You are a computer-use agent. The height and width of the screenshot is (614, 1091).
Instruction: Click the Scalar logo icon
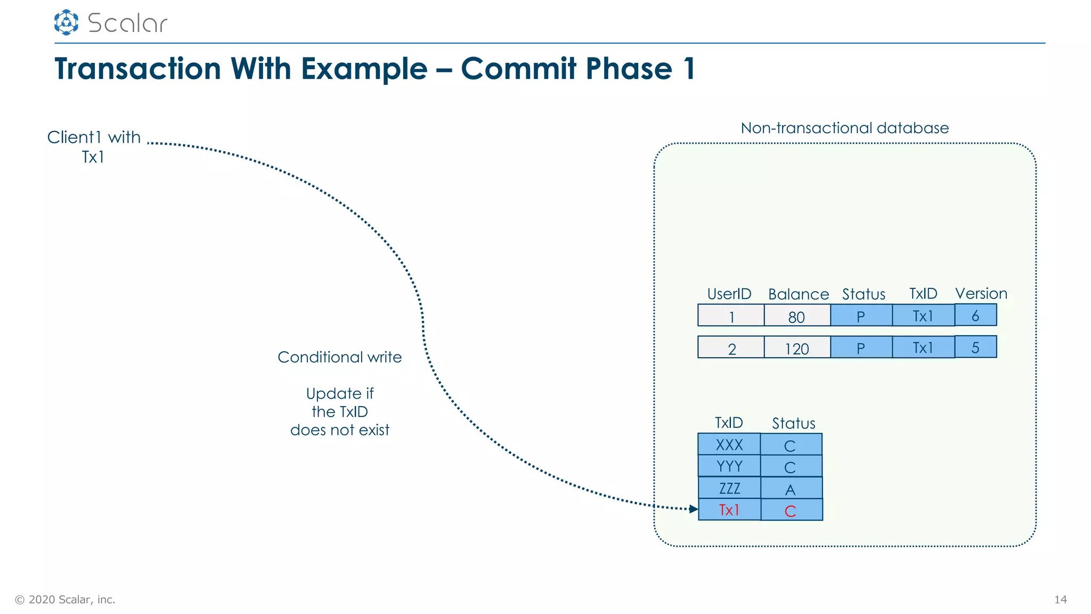(66, 22)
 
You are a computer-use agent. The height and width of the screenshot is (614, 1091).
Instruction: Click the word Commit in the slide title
(518, 69)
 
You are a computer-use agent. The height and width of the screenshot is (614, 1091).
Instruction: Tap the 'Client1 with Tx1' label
(94, 147)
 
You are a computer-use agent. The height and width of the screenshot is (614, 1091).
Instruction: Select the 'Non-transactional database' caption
(844, 128)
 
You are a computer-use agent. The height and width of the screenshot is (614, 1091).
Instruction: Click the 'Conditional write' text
(339, 357)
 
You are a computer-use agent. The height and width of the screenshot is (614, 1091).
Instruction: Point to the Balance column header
(798, 294)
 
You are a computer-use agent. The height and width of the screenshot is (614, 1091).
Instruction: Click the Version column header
(981, 294)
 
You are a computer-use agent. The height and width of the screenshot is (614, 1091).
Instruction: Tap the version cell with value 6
(975, 315)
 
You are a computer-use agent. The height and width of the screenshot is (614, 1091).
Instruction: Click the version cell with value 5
(975, 347)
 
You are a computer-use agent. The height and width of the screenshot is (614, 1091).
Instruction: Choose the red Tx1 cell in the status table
(729, 510)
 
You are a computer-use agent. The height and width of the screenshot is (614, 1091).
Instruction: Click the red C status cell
(791, 510)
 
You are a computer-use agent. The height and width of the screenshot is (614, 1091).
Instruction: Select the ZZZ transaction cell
(729, 488)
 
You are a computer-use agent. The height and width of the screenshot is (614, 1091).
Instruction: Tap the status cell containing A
(791, 488)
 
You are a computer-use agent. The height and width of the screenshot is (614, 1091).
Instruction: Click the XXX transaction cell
(729, 444)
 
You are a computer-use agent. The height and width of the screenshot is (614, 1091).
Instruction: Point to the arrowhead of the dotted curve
(694, 509)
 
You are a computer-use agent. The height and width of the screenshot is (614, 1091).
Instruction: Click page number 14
(1060, 600)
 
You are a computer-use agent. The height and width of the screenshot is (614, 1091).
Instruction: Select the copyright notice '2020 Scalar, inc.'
(66, 600)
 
